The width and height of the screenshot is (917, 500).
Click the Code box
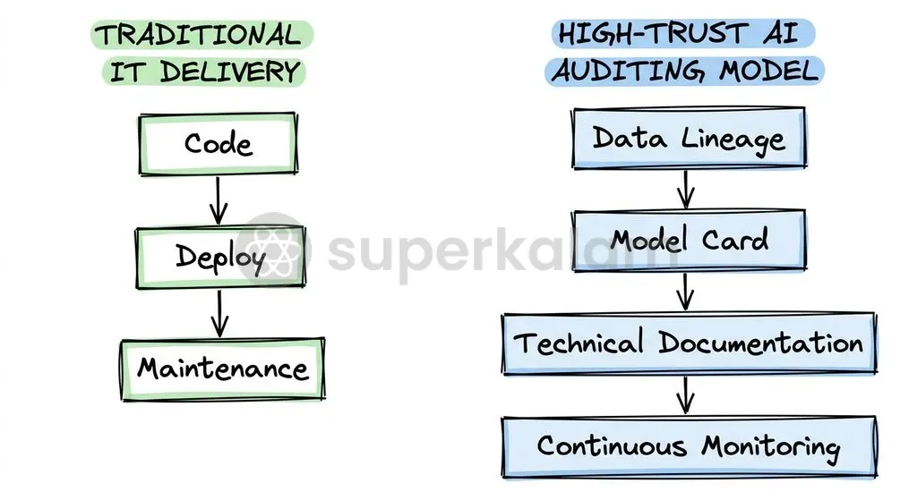219,144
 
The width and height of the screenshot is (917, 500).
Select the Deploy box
220,257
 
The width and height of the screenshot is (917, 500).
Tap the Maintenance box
222,369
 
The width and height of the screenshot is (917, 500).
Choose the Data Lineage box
689,139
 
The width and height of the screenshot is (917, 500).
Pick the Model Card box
689,240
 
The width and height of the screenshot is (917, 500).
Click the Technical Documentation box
689,343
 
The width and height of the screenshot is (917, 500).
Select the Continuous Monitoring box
689,447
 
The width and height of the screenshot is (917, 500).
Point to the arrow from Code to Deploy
219,200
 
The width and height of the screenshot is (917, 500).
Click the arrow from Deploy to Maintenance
220,314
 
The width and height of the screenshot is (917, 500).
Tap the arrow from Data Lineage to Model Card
685,190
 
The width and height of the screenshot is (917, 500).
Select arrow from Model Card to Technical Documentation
685,292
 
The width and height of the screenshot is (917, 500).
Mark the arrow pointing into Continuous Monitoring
685,394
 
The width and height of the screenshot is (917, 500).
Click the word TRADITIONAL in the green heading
198,35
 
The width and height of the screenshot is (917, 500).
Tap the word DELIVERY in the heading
230,72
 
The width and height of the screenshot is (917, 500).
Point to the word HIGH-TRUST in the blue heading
653,33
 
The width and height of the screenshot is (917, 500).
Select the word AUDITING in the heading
628,72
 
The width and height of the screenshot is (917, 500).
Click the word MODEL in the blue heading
769,72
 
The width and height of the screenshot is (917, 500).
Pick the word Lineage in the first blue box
733,140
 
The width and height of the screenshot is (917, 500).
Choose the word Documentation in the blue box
760,343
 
